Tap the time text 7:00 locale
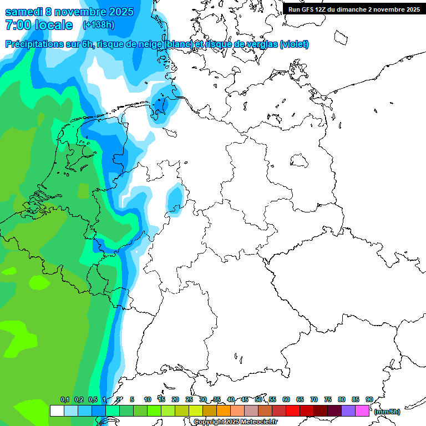39,25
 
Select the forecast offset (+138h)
98,25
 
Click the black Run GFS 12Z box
354,9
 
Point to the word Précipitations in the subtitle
33,44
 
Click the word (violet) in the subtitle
295,44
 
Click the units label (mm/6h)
387,412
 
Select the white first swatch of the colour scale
57,411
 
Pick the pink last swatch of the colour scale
362,411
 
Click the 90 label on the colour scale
369,399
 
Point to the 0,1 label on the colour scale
65,399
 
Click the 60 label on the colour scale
286,399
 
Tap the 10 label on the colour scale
148,399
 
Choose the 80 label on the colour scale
342,399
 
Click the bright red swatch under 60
293,411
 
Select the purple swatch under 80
348,411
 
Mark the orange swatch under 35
224,411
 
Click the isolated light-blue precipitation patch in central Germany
176,199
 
